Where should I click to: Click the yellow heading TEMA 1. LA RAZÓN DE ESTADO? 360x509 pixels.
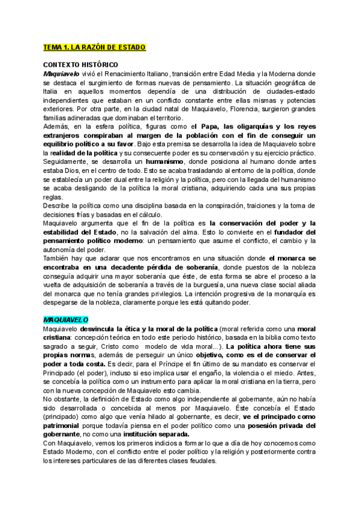tap(94, 47)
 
